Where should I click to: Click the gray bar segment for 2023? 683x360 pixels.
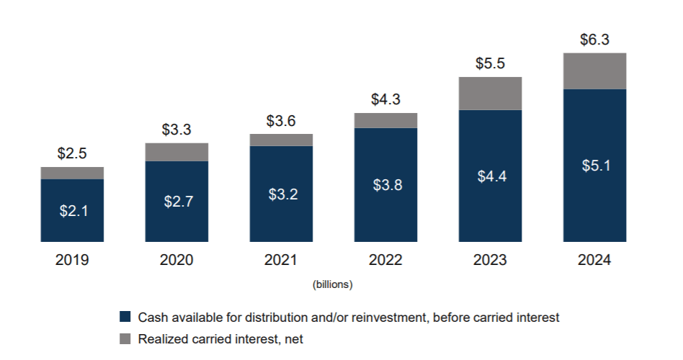[490, 93]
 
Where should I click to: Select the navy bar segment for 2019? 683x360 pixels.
[72, 210]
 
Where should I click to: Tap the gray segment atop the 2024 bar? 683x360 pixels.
[594, 71]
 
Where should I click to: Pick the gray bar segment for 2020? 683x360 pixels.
[177, 152]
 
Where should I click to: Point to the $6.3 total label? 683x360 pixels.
[594, 40]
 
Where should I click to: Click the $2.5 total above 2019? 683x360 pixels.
[72, 154]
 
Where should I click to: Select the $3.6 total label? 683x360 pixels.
[281, 121]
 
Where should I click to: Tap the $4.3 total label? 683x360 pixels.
[385, 99]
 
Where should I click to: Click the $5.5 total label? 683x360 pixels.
[490, 63]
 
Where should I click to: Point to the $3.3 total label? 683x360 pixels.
[177, 130]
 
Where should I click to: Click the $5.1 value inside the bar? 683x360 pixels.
[594, 166]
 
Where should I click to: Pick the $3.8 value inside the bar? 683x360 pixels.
[385, 185]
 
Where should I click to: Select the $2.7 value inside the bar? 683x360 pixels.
[177, 201]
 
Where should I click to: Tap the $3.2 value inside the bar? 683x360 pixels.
[281, 194]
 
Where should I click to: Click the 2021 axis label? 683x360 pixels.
[281, 260]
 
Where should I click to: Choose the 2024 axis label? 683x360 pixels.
[594, 260]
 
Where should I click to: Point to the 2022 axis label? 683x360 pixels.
[385, 260]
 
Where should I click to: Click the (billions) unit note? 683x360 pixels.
[332, 285]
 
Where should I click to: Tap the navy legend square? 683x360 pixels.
[125, 317]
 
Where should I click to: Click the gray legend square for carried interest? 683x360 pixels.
[125, 338]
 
